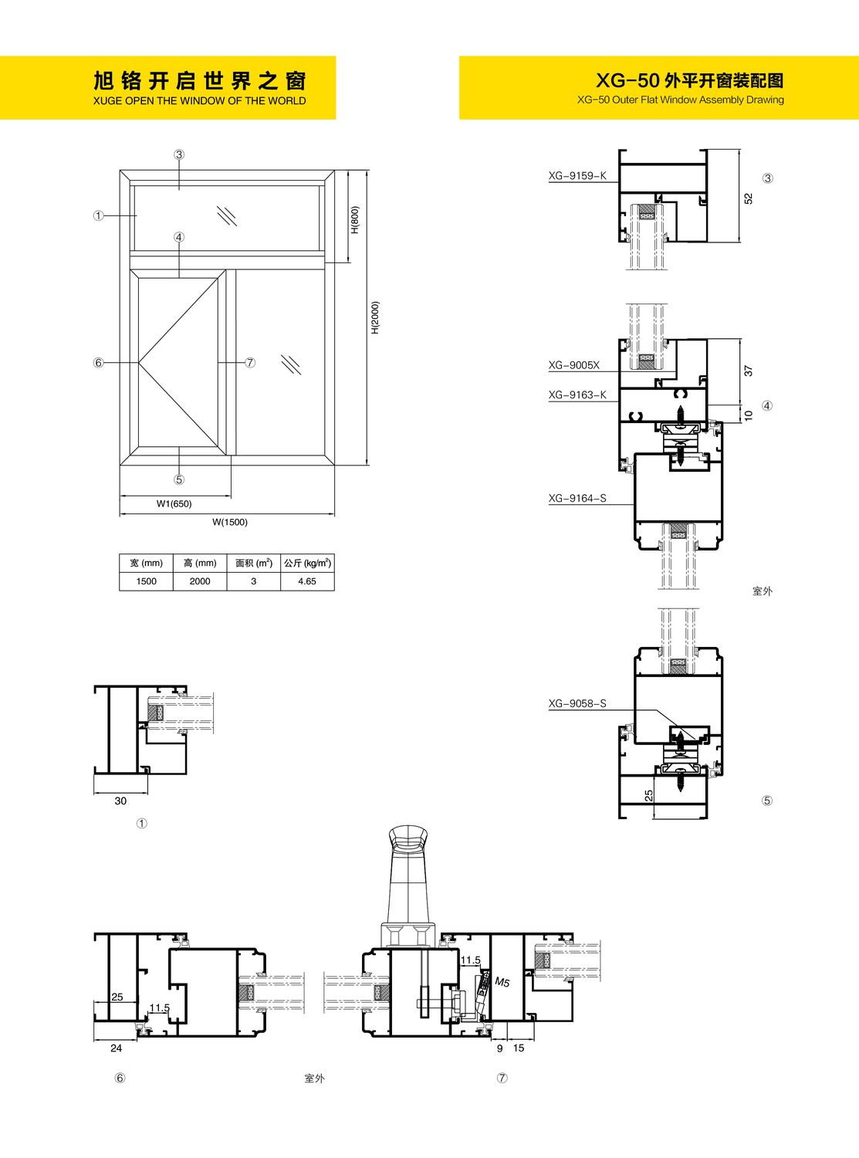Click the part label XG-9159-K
coord(577,176)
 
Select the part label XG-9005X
coord(574,365)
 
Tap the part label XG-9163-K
coord(577,395)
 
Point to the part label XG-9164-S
coord(577,499)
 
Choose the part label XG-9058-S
coord(577,704)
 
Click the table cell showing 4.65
coord(307,581)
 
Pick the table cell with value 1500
coord(146,581)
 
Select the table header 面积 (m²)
coord(254,564)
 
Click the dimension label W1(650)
coord(174,504)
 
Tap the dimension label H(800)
coord(354,220)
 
